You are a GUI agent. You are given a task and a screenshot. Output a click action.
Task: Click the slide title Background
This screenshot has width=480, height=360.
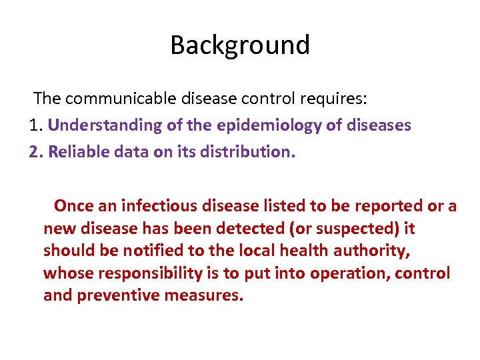point(240,45)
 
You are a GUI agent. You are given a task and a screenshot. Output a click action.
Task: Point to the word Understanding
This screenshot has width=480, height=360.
point(104,125)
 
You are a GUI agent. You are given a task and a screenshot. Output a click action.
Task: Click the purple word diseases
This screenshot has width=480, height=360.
point(377,125)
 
